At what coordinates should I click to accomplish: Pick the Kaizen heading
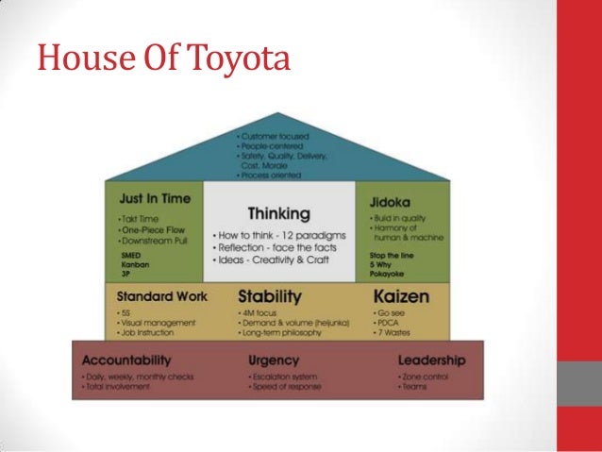tap(401, 297)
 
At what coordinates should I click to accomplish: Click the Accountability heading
tap(126, 360)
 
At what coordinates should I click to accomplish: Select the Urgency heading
tap(273, 360)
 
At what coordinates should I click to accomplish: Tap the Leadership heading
tap(432, 360)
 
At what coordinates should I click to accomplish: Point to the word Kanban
tap(135, 263)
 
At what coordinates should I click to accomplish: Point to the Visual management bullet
tap(156, 323)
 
